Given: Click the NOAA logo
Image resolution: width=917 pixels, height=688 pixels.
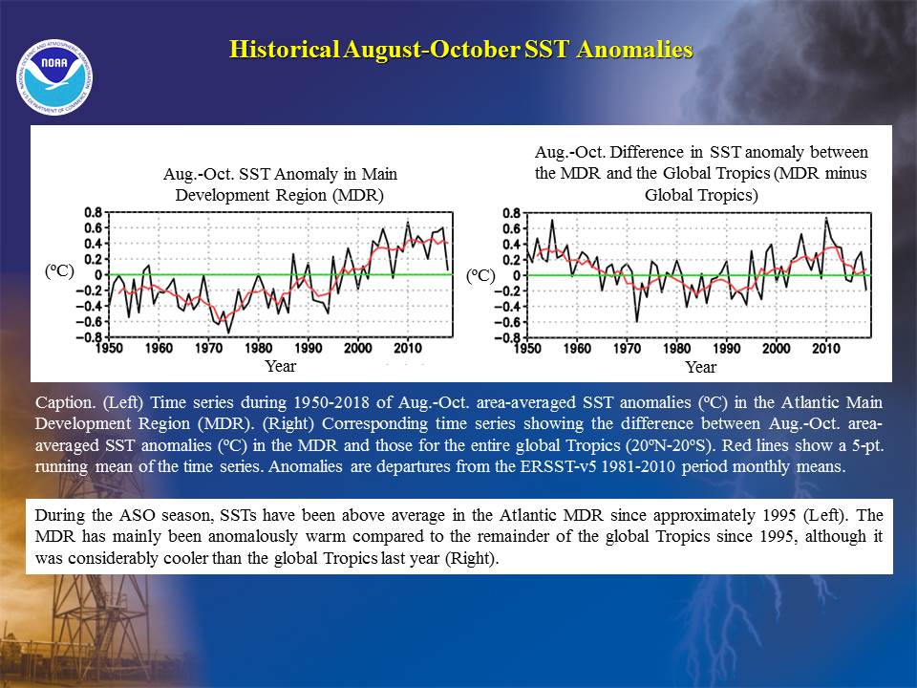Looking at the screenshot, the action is tap(54, 77).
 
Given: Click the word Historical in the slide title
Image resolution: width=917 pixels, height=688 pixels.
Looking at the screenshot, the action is tap(285, 49).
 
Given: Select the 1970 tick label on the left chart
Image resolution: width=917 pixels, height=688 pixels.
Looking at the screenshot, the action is tap(209, 348).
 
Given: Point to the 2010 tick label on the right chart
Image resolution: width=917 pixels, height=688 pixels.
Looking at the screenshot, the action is tap(825, 349).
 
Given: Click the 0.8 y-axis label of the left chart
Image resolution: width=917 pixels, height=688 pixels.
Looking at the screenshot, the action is tap(94, 212).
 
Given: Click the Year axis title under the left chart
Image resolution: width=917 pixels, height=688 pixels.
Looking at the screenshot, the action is tap(281, 366).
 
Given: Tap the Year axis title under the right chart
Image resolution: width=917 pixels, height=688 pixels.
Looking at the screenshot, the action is tap(700, 367).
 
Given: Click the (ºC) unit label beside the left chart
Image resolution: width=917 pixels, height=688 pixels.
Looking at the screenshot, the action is tap(59, 270).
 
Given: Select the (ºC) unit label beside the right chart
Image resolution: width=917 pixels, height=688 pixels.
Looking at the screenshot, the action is tap(480, 275).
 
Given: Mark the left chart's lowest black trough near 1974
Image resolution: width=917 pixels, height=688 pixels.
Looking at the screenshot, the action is tap(228, 333).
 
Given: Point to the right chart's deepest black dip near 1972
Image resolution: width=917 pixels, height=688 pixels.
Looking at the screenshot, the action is tap(637, 321).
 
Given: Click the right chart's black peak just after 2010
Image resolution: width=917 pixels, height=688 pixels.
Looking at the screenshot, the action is tap(825, 218).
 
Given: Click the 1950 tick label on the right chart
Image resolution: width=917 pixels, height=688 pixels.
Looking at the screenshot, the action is tap(527, 349).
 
